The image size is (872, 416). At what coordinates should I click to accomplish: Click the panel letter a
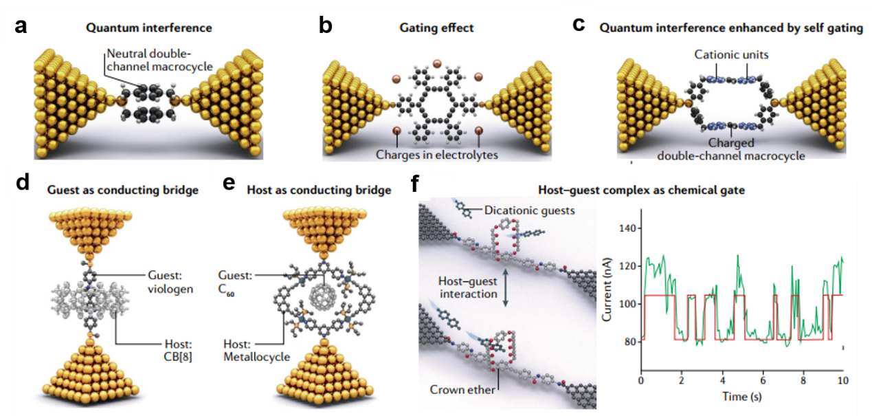click(21, 27)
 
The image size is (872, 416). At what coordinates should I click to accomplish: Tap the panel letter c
click(579, 24)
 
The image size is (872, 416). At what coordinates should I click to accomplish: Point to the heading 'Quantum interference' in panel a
click(148, 28)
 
